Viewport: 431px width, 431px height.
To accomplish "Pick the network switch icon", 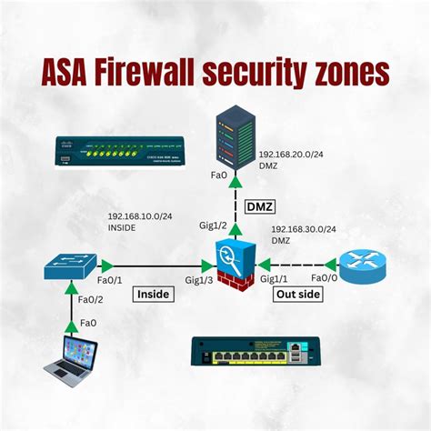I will coord(71,266).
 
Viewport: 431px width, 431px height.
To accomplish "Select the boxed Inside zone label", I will coord(155,294).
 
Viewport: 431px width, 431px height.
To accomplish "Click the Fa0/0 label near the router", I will coord(325,278).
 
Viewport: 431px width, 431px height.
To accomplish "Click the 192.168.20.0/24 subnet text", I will coord(292,155).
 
